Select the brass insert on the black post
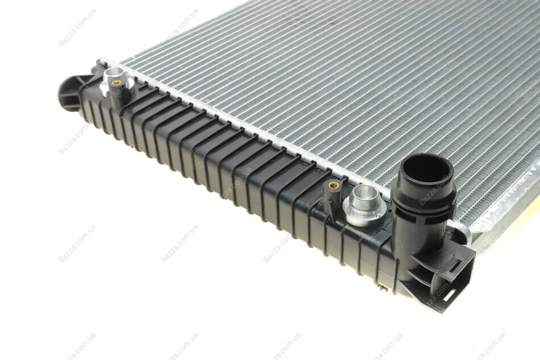tap(333, 186)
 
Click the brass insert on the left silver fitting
tap(117, 82)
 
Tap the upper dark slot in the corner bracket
tap(455, 264)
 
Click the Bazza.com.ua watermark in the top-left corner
tap(77, 27)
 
